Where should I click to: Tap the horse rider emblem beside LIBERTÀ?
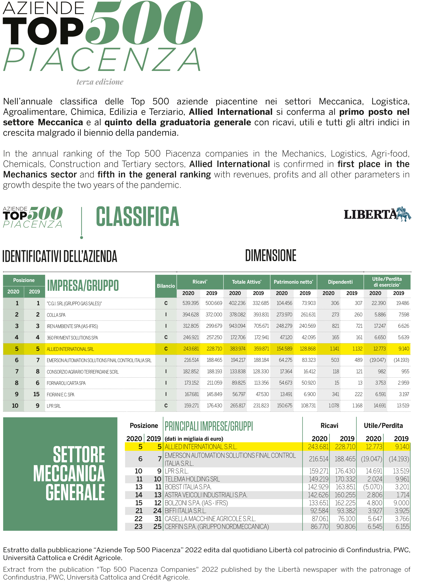(x=404, y=214)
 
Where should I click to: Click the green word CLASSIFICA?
(x=137, y=217)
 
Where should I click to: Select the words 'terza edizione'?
(x=100, y=82)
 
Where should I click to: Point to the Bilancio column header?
(x=166, y=286)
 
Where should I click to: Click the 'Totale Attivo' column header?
(x=246, y=282)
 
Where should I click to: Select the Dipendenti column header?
(x=340, y=282)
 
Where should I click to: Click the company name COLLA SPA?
(x=56, y=315)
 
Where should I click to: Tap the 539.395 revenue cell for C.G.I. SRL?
(x=190, y=303)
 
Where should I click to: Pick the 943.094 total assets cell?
(x=237, y=326)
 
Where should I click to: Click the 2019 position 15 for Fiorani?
(x=37, y=394)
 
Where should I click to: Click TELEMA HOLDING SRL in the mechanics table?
(x=192, y=479)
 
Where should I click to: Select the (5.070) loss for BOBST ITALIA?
(x=372, y=487)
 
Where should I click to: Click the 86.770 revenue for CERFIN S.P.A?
(x=319, y=527)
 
